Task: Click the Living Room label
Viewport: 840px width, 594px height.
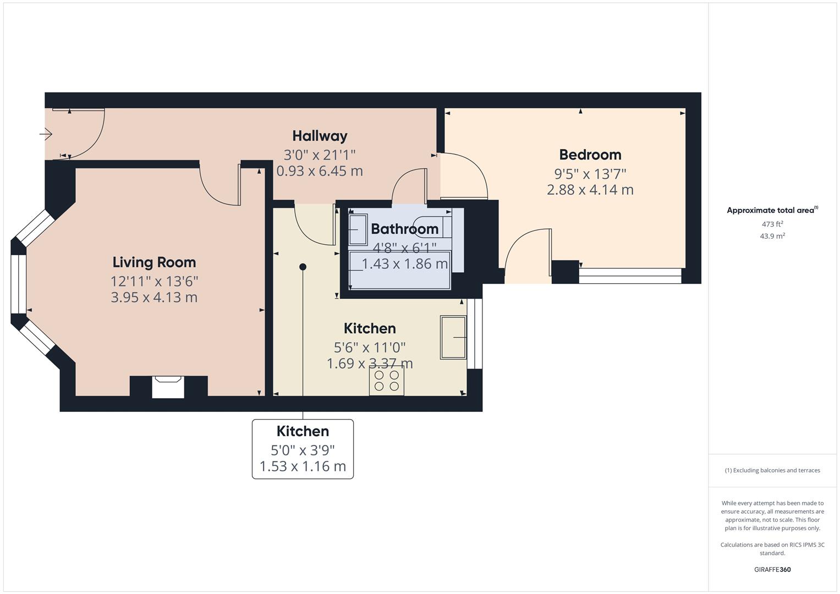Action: [x=154, y=262]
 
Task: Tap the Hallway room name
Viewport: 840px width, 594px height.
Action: [x=320, y=136]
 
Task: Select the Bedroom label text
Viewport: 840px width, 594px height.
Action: [x=590, y=155]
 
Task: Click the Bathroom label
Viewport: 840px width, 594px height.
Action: [x=404, y=229]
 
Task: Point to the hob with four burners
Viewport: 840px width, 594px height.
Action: [x=386, y=381]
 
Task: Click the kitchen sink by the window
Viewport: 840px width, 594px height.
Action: [x=453, y=337]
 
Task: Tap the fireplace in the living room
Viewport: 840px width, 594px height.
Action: [x=168, y=387]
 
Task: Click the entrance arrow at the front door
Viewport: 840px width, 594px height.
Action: [x=46, y=134]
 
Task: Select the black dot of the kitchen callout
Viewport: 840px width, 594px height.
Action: [x=303, y=267]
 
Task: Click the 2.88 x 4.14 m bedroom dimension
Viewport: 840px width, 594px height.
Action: [x=590, y=190]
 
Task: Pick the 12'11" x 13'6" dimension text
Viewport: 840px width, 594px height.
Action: [x=154, y=281]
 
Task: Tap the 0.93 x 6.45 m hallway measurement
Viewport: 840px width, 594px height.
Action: [x=320, y=171]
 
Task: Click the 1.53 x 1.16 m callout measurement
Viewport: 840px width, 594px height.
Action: [x=303, y=466]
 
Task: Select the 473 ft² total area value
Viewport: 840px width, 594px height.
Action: [x=772, y=224]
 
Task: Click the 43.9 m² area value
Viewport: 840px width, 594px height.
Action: [x=772, y=236]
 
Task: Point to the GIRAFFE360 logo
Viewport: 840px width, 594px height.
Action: [x=772, y=569]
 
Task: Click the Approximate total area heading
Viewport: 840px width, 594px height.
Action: [x=771, y=210]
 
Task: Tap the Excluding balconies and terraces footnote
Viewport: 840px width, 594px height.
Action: [x=772, y=470]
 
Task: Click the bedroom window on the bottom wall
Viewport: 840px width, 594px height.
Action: [x=630, y=276]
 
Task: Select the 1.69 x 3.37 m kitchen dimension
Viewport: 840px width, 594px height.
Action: [x=370, y=364]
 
